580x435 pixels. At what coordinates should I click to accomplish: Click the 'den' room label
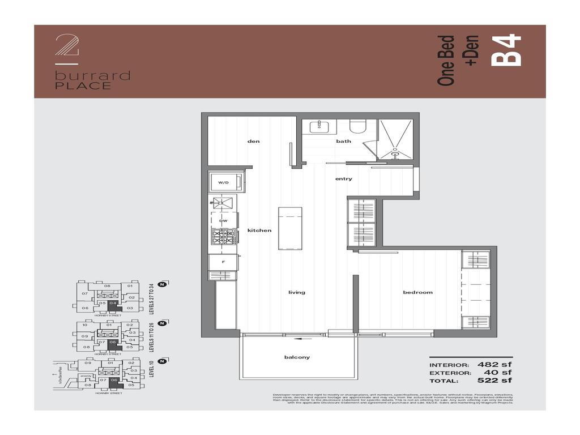pyautogui.click(x=253, y=141)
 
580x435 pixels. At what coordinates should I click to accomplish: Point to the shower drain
pyautogui.click(x=395, y=151)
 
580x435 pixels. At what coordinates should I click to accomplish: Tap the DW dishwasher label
pyautogui.click(x=223, y=221)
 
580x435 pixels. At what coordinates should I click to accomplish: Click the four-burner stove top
pyautogui.click(x=223, y=236)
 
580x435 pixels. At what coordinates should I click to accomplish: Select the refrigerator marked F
pyautogui.click(x=223, y=262)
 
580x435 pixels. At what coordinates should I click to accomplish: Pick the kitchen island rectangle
pyautogui.click(x=289, y=228)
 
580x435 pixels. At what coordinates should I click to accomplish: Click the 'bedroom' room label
pyautogui.click(x=417, y=292)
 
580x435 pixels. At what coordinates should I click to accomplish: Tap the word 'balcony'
pyautogui.click(x=297, y=357)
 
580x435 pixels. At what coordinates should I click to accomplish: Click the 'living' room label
pyautogui.click(x=296, y=292)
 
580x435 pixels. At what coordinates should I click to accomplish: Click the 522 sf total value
pyautogui.click(x=494, y=381)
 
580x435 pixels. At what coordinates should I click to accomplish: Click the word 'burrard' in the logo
pyautogui.click(x=93, y=76)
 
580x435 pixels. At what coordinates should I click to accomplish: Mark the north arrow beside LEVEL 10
pyautogui.click(x=162, y=361)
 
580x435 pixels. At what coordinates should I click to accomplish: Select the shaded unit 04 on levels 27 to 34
pyautogui.click(x=113, y=304)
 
